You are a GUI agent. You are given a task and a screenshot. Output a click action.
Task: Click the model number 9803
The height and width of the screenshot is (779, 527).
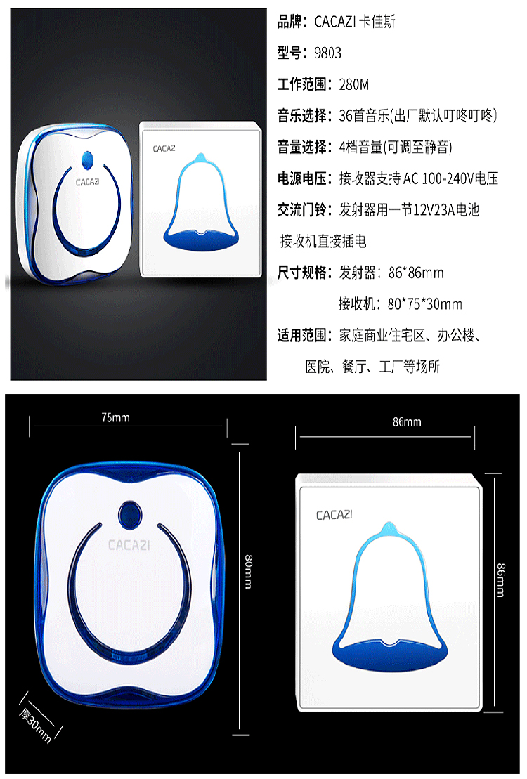click(327, 53)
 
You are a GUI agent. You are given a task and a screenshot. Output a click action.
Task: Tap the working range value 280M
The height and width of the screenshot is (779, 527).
click(354, 84)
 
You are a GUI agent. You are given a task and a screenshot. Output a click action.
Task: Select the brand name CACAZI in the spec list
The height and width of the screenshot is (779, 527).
click(335, 21)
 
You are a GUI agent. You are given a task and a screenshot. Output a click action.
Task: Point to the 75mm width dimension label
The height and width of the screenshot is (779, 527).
click(115, 417)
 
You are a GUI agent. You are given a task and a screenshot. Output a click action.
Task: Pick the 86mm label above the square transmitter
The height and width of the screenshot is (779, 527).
click(407, 421)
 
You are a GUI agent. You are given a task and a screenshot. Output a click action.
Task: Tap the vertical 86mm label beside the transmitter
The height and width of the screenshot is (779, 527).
click(500, 580)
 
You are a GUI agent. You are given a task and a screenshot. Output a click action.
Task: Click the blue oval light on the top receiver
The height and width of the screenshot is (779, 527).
click(87, 160)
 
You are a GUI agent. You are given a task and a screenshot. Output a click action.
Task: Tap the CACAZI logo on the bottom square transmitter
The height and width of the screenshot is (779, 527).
click(334, 515)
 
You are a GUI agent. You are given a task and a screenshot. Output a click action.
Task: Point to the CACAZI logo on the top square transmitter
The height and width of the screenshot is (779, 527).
click(164, 148)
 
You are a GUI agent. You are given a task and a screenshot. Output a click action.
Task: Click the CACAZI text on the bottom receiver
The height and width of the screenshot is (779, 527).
click(129, 545)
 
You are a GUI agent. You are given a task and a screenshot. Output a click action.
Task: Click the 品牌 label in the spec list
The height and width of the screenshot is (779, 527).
click(289, 21)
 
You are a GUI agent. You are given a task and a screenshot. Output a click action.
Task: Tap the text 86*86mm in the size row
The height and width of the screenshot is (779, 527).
click(416, 273)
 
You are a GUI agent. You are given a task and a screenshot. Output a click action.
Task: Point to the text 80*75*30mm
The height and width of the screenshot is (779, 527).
click(425, 303)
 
